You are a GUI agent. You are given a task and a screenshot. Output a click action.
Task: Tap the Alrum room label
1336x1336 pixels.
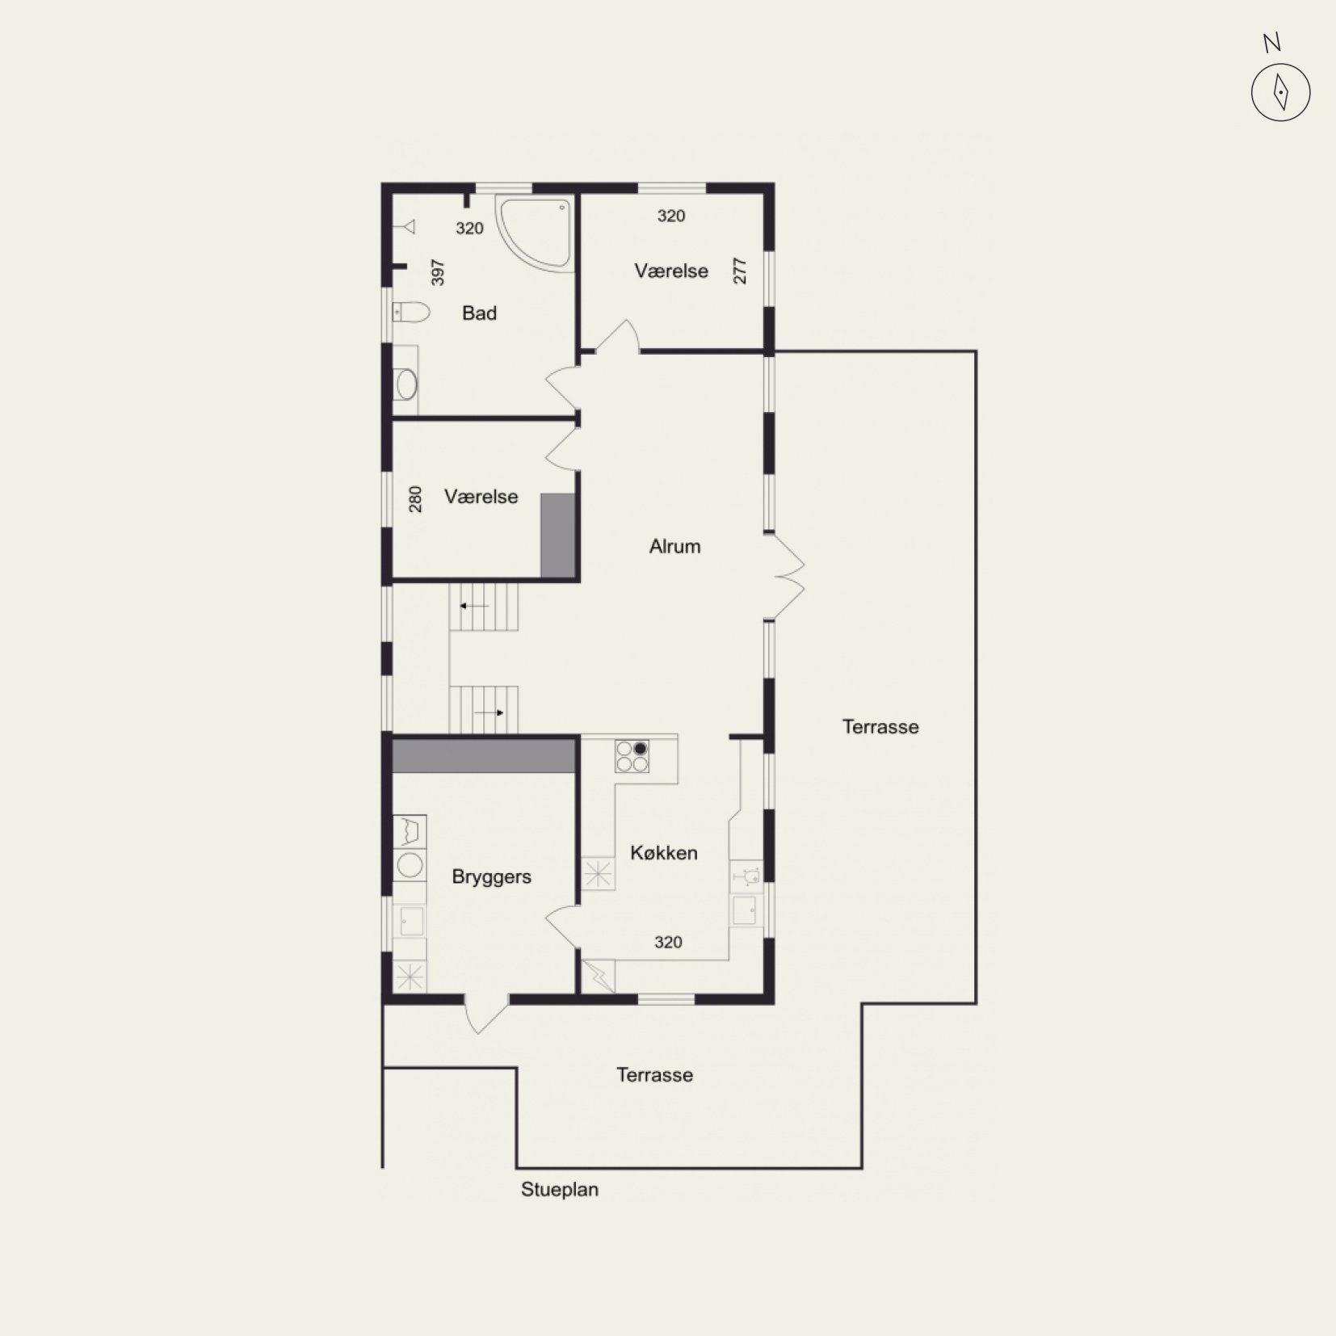click(674, 547)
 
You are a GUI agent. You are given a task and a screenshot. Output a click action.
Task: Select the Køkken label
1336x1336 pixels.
click(664, 853)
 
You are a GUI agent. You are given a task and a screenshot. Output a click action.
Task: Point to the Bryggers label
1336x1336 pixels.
click(491, 877)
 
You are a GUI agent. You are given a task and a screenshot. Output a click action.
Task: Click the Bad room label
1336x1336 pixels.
click(479, 313)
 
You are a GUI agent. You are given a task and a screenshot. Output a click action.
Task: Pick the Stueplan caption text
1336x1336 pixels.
click(560, 1190)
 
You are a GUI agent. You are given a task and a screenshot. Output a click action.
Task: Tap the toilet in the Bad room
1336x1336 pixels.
click(410, 312)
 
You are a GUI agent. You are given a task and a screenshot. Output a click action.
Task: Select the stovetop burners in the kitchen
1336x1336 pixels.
click(632, 756)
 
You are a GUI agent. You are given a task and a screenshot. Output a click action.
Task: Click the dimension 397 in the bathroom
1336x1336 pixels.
click(438, 272)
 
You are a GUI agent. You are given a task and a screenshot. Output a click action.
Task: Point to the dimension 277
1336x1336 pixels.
click(740, 271)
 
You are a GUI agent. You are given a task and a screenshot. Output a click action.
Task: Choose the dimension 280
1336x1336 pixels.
click(415, 499)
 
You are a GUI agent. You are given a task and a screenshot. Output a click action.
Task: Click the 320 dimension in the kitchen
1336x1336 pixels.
click(668, 942)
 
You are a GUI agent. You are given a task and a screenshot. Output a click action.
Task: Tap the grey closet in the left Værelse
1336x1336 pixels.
click(557, 536)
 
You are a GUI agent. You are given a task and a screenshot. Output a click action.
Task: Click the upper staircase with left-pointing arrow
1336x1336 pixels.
click(484, 607)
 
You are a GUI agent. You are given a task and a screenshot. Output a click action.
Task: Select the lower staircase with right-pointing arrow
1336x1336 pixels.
click(484, 710)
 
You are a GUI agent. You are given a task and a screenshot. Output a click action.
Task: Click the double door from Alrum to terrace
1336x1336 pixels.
click(785, 577)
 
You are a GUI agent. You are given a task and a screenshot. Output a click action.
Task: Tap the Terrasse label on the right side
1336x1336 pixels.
click(880, 727)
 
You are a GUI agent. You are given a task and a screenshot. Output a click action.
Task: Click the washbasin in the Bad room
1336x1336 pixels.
click(405, 384)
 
